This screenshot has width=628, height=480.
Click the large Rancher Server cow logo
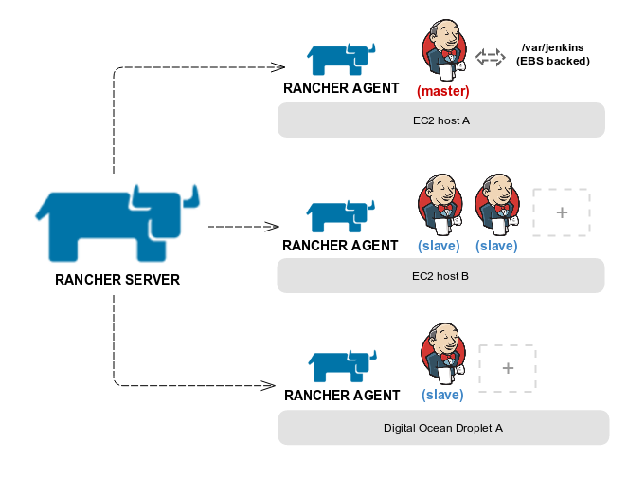(114, 226)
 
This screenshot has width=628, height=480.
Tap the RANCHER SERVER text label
(117, 280)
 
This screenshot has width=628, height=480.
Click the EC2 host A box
(440, 120)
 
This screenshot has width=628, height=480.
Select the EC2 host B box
(440, 276)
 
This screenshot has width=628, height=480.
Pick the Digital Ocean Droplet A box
(442, 428)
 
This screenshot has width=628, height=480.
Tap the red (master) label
(443, 91)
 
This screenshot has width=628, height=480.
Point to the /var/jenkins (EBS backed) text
(552, 55)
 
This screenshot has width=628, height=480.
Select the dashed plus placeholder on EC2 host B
(562, 212)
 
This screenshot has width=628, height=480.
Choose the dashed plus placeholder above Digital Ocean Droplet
(508, 368)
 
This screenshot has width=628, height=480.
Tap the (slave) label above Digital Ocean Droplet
(442, 395)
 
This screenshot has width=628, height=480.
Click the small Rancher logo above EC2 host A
(341, 59)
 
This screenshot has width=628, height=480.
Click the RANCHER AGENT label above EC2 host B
(341, 246)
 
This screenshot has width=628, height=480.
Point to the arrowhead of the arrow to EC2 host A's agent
(278, 66)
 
